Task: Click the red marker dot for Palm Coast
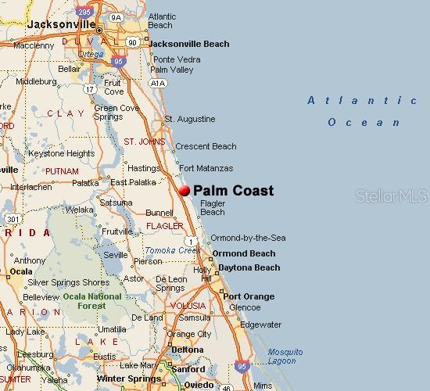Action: [185, 190]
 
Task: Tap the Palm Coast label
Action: [233, 190]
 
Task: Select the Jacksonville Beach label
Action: [188, 44]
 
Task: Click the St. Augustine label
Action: [189, 119]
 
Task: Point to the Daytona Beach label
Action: [248, 267]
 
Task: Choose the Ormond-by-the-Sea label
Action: [248, 238]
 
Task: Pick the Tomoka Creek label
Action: [173, 250]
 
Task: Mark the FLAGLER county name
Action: [165, 226]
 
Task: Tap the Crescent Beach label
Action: [206, 146]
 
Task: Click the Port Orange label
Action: [249, 296]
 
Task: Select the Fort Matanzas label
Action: [206, 168]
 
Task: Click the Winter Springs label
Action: [124, 378]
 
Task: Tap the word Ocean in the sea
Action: [364, 122]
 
